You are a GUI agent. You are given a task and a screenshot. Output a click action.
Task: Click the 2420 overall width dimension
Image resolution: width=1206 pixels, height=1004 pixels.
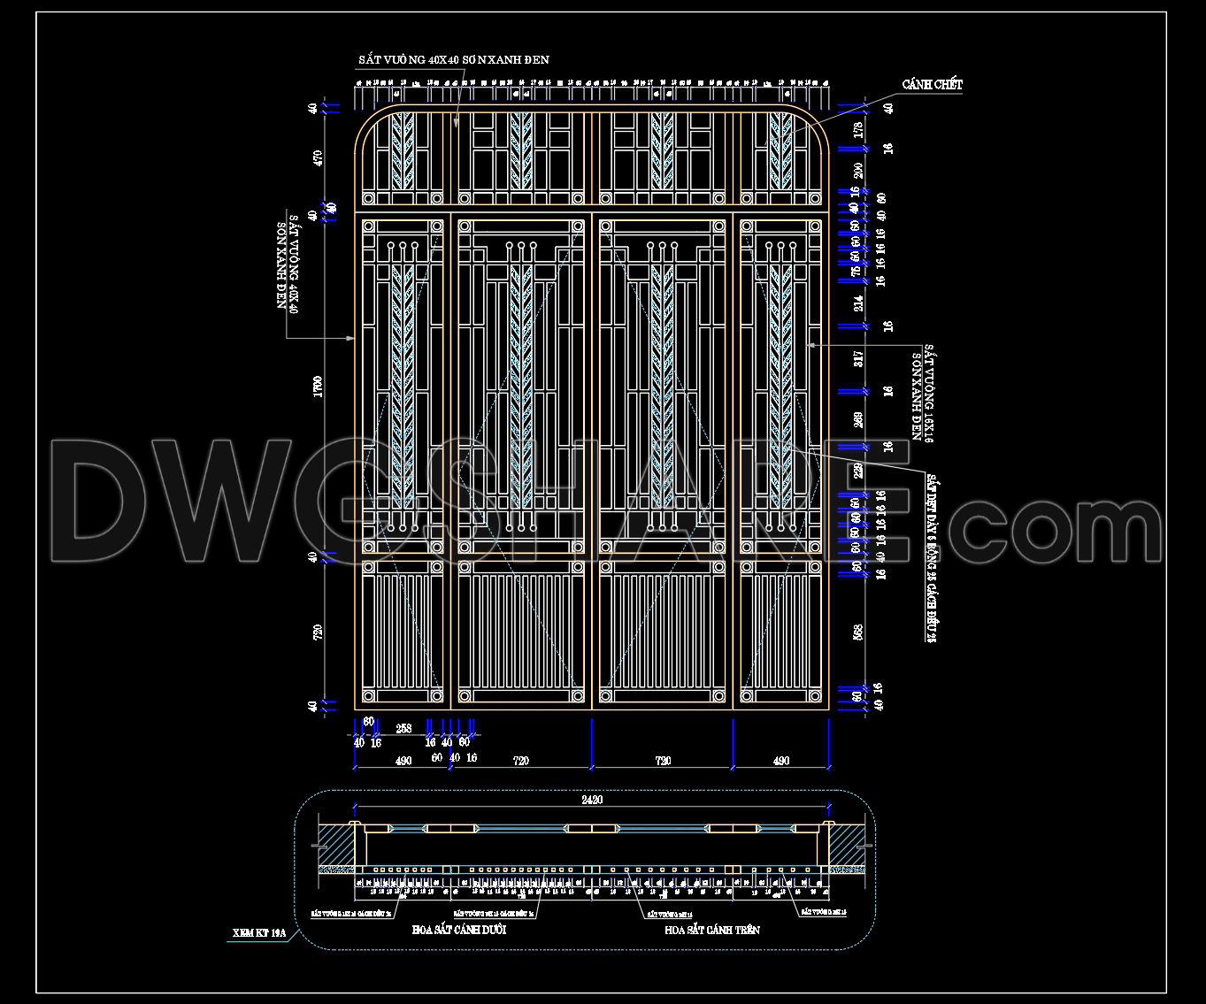click(x=592, y=800)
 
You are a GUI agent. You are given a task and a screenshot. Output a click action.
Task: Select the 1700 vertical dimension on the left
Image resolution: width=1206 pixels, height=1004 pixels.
click(x=318, y=387)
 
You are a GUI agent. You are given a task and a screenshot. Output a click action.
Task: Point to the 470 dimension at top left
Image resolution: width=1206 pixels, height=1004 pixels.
click(x=318, y=157)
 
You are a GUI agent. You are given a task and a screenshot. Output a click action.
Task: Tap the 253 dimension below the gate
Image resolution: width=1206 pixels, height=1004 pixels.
click(x=403, y=729)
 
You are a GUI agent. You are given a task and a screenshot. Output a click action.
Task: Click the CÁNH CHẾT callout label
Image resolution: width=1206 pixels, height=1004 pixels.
click(x=932, y=85)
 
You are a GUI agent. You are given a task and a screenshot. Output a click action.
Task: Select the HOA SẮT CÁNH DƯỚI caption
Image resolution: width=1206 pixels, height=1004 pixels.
click(x=459, y=931)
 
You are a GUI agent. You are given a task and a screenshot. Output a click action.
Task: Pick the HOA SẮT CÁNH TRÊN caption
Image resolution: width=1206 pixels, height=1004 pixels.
click(x=711, y=931)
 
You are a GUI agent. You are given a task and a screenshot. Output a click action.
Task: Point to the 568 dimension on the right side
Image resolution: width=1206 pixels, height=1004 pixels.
click(x=857, y=631)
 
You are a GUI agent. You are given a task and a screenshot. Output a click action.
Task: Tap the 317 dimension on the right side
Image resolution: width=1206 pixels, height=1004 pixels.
click(x=857, y=358)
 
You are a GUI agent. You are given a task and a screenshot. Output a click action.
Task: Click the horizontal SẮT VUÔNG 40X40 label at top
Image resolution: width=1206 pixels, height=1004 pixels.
click(x=453, y=60)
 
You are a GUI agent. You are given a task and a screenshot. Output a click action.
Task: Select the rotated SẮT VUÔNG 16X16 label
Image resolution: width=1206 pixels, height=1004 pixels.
click(x=923, y=392)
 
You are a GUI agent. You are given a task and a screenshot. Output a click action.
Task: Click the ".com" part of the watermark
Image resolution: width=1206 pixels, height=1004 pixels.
click(x=1053, y=528)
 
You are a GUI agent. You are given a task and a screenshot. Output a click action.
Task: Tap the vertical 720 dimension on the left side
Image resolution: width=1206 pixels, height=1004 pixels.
click(x=318, y=631)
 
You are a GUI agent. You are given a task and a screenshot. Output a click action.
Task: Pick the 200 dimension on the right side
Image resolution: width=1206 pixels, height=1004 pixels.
click(x=857, y=168)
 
